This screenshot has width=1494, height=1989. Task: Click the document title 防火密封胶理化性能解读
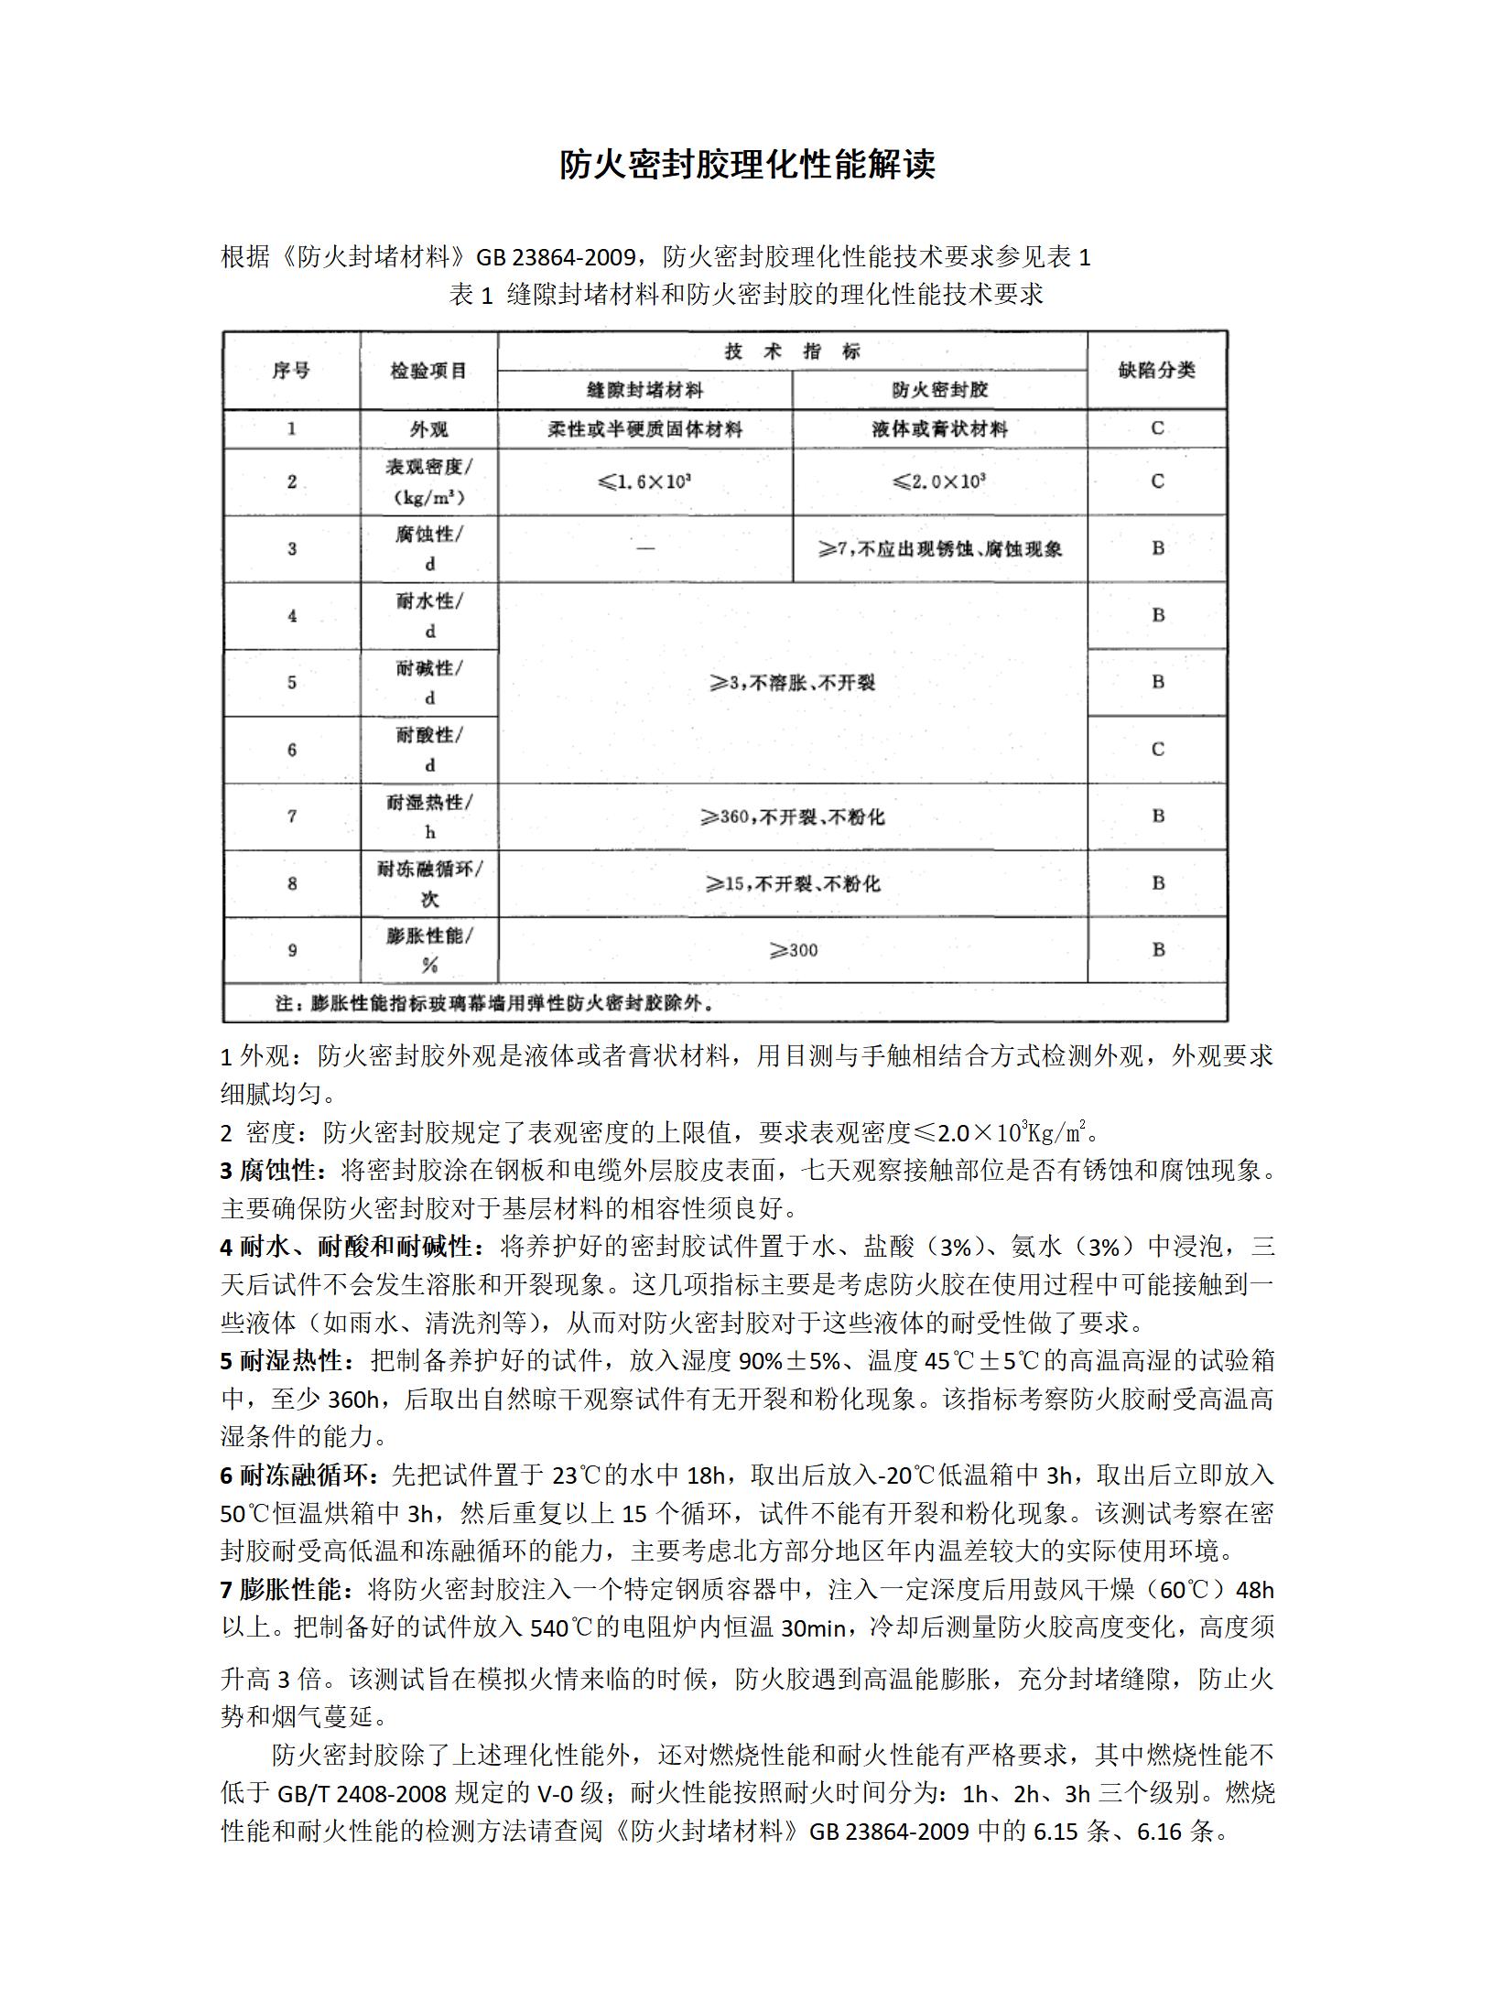747,166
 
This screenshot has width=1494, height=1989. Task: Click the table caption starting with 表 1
746,295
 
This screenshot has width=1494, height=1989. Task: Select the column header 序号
291,371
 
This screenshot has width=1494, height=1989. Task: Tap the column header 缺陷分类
1156,371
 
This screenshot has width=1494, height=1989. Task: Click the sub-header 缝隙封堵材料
644,391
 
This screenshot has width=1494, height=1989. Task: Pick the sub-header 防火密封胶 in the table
939,391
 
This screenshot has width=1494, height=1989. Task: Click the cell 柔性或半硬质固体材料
644,429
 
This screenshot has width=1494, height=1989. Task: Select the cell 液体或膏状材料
939,429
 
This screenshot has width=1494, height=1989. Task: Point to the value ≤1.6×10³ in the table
644,481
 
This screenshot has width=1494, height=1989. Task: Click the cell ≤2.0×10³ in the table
939,481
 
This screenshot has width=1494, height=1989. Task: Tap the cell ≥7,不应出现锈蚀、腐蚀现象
939,549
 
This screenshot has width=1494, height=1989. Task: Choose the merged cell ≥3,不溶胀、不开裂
793,683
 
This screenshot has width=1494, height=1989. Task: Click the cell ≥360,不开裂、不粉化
793,816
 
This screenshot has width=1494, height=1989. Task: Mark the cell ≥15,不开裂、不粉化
793,884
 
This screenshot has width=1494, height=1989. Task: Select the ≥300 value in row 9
793,951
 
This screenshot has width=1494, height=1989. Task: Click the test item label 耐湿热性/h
429,816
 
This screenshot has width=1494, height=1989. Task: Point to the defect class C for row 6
1157,750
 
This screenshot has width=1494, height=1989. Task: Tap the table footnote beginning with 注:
494,1003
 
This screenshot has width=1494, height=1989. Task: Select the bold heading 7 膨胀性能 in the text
285,1590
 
